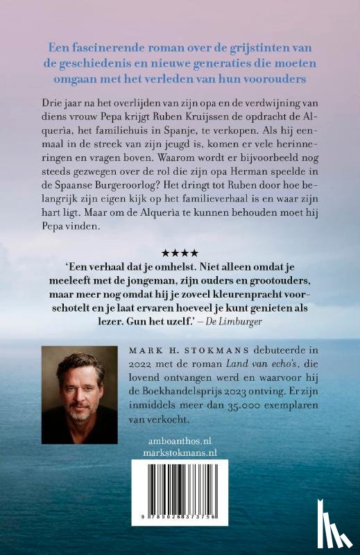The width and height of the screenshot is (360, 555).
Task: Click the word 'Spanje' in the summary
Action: pos(183,132)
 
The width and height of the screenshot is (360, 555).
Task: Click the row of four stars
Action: pos(180,253)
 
